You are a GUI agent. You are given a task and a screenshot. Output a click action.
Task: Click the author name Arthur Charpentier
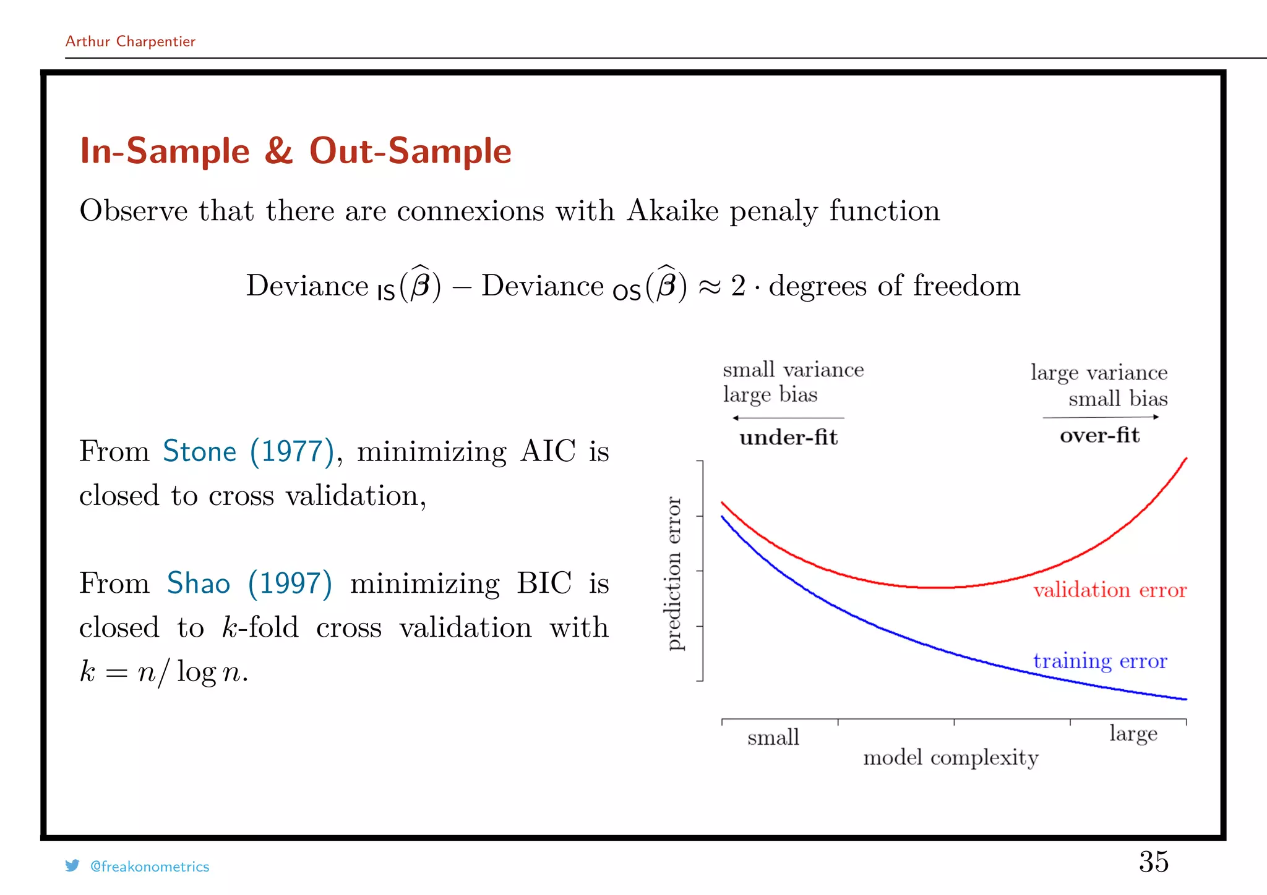pos(130,41)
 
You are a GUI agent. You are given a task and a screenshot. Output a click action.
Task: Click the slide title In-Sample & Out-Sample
pos(296,151)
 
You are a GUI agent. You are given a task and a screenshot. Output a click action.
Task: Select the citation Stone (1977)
pos(248,451)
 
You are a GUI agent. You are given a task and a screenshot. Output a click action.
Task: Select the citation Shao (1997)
pos(249,583)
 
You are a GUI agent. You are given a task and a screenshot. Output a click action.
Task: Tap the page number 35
pos(1153,862)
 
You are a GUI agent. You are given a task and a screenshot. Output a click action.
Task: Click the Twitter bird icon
pos(72,866)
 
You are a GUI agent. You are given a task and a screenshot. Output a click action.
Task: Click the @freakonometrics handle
pos(150,867)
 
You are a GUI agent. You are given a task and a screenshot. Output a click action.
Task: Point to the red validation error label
pos(1109,590)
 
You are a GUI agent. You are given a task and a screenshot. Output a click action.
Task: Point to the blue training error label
pos(1099,661)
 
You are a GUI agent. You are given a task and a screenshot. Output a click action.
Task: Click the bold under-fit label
pos(788,438)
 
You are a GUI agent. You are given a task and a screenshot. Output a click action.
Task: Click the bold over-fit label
pos(1099,435)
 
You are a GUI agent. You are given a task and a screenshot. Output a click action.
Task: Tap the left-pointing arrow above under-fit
pos(788,418)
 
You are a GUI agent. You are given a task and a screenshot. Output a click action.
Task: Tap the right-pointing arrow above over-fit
pos(1101,417)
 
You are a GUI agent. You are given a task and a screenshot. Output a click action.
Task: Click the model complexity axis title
pos(950,758)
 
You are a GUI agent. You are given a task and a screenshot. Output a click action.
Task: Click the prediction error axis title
pos(674,573)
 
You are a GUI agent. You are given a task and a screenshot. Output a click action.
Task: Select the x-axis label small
pos(773,737)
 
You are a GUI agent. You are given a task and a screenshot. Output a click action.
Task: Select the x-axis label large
pos(1133,734)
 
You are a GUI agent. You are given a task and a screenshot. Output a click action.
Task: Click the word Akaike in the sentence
pos(672,211)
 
